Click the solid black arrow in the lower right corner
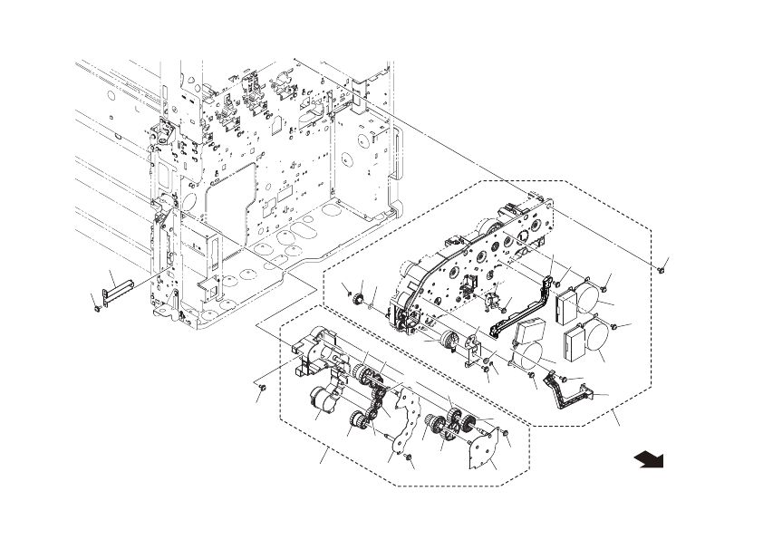coord(649,460)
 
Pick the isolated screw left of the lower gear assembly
coord(259,387)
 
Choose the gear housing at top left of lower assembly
coord(317,353)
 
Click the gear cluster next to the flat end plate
coord(449,426)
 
